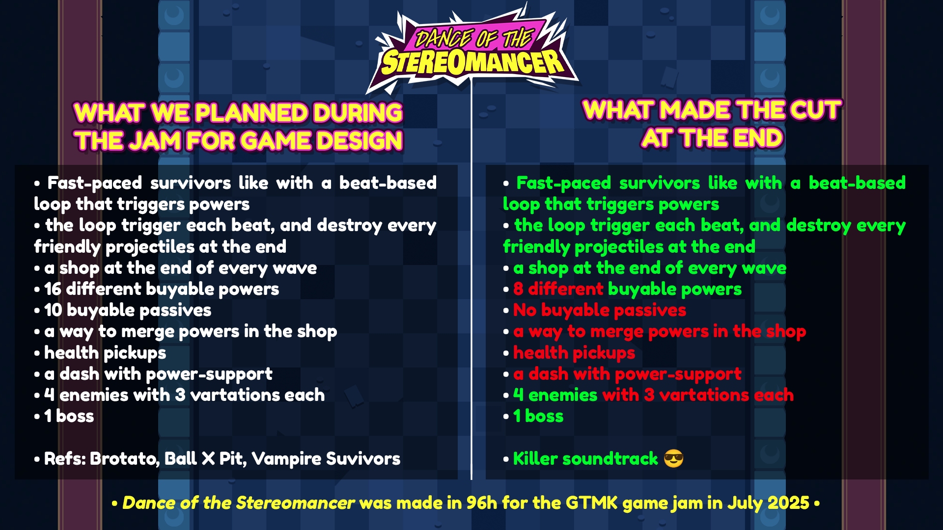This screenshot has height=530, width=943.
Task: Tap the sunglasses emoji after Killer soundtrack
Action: [673, 459]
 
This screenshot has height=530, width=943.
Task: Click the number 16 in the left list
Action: [53, 289]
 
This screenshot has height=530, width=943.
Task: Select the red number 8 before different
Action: [518, 289]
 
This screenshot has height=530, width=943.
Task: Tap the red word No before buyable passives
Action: [525, 310]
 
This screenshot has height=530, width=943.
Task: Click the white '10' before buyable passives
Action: [53, 310]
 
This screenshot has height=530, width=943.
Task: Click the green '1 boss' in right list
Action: [538, 416]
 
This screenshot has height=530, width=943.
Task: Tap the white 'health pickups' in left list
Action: [105, 353]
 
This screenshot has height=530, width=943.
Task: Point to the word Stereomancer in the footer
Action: [295, 503]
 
